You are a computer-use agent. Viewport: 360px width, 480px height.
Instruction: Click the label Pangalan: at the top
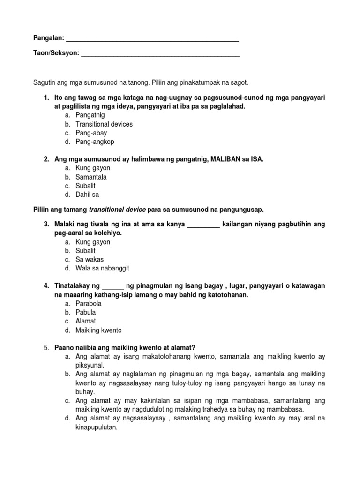coord(48,37)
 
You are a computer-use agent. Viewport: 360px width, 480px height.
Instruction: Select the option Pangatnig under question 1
coord(90,115)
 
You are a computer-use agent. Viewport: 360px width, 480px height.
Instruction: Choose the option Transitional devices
coord(104,124)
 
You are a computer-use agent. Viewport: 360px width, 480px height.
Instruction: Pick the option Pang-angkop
coord(95,142)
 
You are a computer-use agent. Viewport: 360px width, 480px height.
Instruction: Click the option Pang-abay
coord(91,133)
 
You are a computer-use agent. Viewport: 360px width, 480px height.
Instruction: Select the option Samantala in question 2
coord(91,177)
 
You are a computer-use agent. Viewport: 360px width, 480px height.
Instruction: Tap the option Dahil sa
coord(88,195)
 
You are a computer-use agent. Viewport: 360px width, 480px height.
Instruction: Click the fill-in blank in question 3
coord(203,225)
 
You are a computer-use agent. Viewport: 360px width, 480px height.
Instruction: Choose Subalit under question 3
coord(86,251)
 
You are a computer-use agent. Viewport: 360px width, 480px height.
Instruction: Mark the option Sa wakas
coord(90,260)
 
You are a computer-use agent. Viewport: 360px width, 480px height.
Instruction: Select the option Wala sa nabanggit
coord(102,269)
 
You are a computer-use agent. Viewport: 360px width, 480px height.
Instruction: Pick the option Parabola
coord(89,304)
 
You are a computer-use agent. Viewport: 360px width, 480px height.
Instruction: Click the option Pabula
coord(86,313)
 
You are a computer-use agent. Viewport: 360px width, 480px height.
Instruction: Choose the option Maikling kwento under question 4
coord(98,330)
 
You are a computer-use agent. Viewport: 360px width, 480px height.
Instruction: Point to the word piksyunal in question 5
coord(90,365)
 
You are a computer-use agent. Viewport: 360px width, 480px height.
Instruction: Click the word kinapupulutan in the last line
coord(97,427)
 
